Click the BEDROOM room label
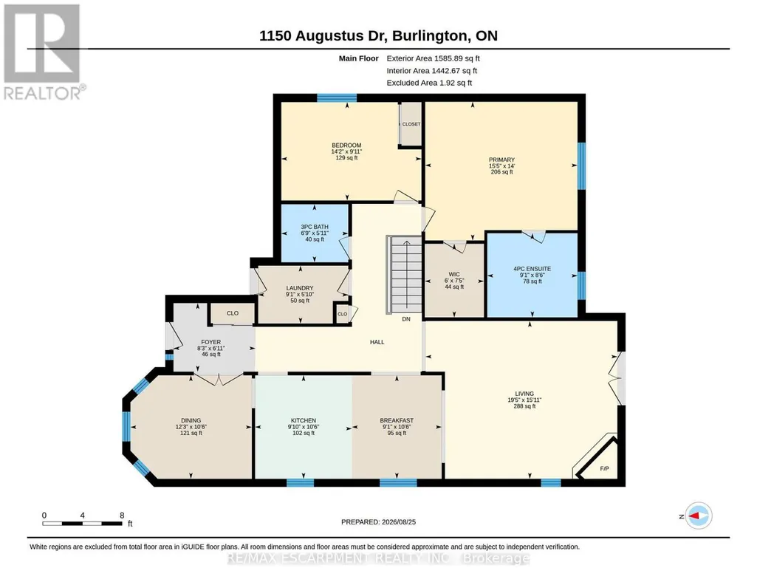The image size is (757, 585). pyautogui.click(x=346, y=146)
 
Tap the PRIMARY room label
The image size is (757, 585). pyautogui.click(x=501, y=160)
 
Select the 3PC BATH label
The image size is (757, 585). pyautogui.click(x=315, y=227)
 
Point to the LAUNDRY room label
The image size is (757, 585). pyautogui.click(x=300, y=288)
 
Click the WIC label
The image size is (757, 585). pyautogui.click(x=454, y=274)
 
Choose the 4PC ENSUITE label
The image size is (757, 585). pyautogui.click(x=532, y=269)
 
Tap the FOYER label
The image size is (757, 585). pyautogui.click(x=211, y=342)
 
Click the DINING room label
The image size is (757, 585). pyautogui.click(x=191, y=420)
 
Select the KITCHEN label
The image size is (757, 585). pyautogui.click(x=304, y=420)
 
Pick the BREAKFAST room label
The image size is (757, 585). pyautogui.click(x=397, y=420)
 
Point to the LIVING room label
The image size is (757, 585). pyautogui.click(x=524, y=394)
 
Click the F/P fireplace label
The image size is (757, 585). pyautogui.click(x=604, y=469)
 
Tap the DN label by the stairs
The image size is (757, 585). pyautogui.click(x=406, y=319)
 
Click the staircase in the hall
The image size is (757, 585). pyautogui.click(x=405, y=274)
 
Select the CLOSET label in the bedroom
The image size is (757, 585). pyautogui.click(x=411, y=124)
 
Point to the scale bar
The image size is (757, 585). pyautogui.click(x=82, y=523)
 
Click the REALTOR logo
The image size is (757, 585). pyautogui.click(x=43, y=52)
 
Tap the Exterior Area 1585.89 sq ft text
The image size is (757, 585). pyautogui.click(x=433, y=58)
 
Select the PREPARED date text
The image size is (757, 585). pyautogui.click(x=378, y=521)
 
